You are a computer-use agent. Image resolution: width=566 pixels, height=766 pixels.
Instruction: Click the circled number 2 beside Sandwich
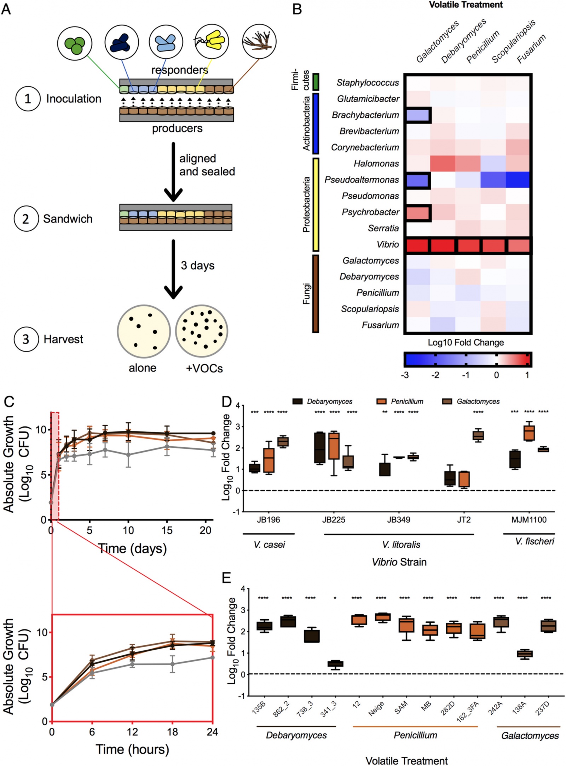click(26, 219)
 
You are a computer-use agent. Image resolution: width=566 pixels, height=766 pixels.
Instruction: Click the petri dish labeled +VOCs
click(202, 331)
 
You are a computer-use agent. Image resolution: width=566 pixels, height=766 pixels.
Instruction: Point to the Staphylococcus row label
click(368, 82)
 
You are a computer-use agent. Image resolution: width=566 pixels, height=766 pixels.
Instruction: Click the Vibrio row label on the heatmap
click(388, 244)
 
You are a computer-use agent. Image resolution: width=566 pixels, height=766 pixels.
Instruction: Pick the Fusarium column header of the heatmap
click(531, 48)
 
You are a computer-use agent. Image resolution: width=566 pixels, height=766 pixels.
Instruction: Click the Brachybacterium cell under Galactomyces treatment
click(417, 115)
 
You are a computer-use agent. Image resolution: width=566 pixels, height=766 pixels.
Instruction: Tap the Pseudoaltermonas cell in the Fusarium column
click(518, 180)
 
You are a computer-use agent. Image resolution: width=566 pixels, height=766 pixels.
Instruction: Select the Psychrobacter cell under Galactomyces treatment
click(417, 213)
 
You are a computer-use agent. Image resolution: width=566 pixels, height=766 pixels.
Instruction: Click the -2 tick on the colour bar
click(435, 375)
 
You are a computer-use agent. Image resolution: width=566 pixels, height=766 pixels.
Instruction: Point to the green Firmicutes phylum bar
click(316, 82)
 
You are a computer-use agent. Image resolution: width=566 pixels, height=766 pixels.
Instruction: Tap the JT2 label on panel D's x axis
click(464, 520)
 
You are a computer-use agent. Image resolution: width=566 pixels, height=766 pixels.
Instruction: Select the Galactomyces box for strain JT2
click(478, 436)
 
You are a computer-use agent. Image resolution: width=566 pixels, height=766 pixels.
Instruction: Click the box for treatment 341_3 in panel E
click(335, 664)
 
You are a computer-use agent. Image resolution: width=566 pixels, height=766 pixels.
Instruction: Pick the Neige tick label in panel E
click(376, 709)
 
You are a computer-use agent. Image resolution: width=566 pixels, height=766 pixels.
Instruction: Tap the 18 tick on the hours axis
click(172, 732)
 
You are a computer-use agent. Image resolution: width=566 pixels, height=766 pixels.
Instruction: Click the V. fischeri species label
click(534, 541)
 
